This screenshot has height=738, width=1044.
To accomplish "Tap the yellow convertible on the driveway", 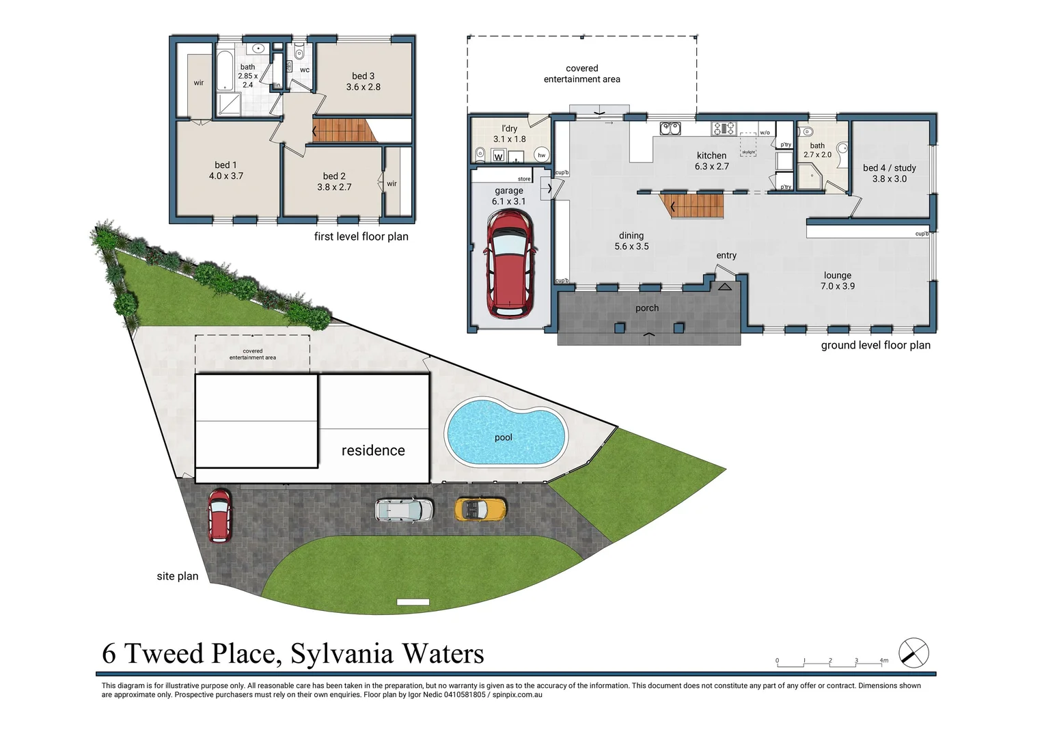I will (x=480, y=509).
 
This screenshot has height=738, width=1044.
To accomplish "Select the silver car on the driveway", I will (x=404, y=510).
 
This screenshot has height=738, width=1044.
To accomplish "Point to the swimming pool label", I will (x=504, y=437).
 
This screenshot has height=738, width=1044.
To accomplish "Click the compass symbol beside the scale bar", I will (x=913, y=653).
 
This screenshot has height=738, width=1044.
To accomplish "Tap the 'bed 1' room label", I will (x=225, y=165).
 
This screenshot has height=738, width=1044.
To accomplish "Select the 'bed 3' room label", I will (x=363, y=76).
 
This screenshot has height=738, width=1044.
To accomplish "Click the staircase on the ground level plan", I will (x=692, y=206).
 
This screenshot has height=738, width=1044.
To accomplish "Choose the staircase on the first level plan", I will (x=342, y=130).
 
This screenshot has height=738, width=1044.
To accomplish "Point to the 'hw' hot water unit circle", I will (x=541, y=155).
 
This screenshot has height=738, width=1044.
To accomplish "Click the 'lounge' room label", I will (x=837, y=275).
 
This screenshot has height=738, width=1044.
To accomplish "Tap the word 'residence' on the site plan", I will (x=373, y=450).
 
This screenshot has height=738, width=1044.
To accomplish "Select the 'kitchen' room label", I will (x=711, y=156).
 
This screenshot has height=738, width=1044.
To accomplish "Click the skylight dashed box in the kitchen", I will (x=748, y=145).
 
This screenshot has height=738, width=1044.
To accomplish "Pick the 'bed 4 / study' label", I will (x=889, y=167).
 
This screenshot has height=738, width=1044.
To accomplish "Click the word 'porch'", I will (x=646, y=308).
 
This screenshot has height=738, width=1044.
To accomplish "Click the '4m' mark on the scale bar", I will (x=883, y=661).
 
